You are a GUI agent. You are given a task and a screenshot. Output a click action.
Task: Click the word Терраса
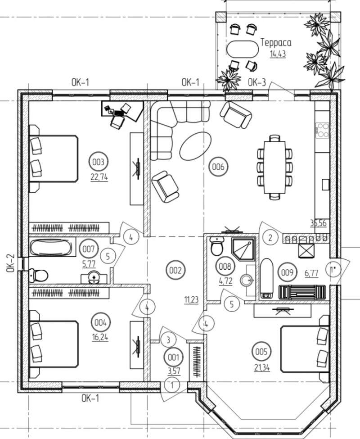[276, 43]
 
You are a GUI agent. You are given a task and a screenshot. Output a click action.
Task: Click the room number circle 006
[218, 167]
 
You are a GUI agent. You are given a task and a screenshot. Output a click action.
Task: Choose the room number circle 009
[287, 272]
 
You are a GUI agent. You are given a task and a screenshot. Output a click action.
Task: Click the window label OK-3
[257, 83]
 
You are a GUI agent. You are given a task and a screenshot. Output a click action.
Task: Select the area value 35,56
[318, 222]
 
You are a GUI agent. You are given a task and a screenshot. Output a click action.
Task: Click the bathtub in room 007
[50, 248]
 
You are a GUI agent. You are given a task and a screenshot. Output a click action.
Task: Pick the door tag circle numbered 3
[168, 339]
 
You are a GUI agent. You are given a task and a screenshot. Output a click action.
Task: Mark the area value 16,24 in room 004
[100, 336]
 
